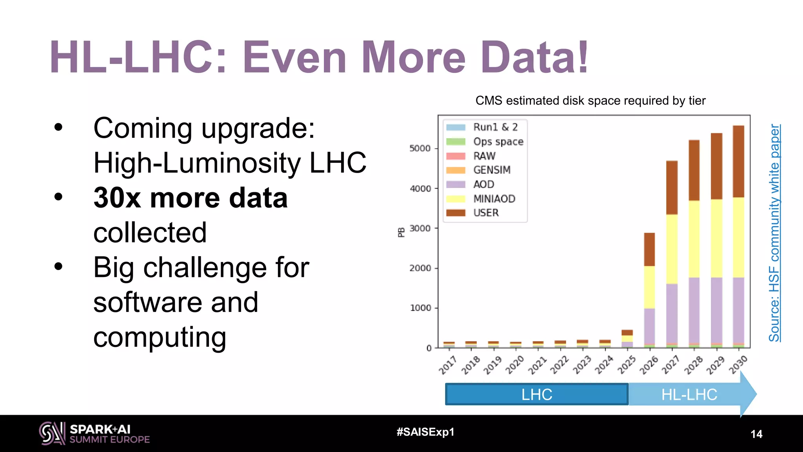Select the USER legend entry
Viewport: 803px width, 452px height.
point(485,213)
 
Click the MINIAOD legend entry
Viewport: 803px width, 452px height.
point(494,199)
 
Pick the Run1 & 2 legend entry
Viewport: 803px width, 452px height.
point(495,127)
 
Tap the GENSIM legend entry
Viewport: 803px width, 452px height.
point(492,170)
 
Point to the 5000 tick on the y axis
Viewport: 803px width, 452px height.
point(420,149)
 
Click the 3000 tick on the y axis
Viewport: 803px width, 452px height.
point(420,228)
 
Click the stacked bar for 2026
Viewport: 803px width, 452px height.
point(649,290)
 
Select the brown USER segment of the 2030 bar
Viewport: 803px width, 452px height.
point(738,161)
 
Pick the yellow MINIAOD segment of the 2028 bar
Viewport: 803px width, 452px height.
point(694,239)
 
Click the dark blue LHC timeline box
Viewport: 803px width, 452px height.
point(537,394)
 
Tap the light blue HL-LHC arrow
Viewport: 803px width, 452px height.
point(689,394)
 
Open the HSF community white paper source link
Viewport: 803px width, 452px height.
point(774,233)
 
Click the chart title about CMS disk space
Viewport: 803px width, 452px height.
point(590,101)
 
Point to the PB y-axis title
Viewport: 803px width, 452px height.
point(401,232)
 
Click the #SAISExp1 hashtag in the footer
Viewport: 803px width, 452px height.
point(425,432)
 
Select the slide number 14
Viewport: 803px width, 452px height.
point(756,434)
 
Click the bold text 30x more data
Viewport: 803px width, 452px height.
point(191,198)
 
